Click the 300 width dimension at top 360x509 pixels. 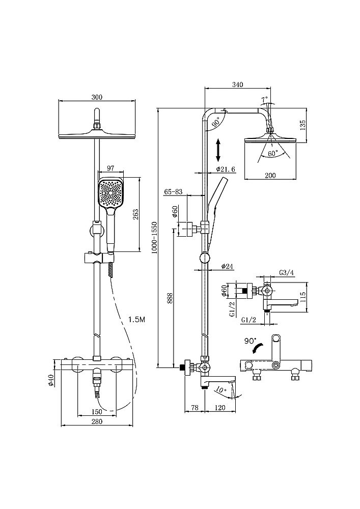point(98,97)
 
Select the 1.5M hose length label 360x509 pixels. point(137,319)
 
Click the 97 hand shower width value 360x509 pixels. point(112,168)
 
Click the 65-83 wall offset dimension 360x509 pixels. point(173,191)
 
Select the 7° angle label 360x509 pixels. point(264,99)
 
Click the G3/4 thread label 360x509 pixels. point(287,273)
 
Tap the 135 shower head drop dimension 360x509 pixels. point(302,124)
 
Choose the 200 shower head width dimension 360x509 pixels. point(270,175)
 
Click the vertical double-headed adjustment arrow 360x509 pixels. point(218,150)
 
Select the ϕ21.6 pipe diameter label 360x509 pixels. point(225,168)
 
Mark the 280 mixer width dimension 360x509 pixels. point(97,421)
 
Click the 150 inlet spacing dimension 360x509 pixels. point(97,411)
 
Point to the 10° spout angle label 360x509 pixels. point(219,390)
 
